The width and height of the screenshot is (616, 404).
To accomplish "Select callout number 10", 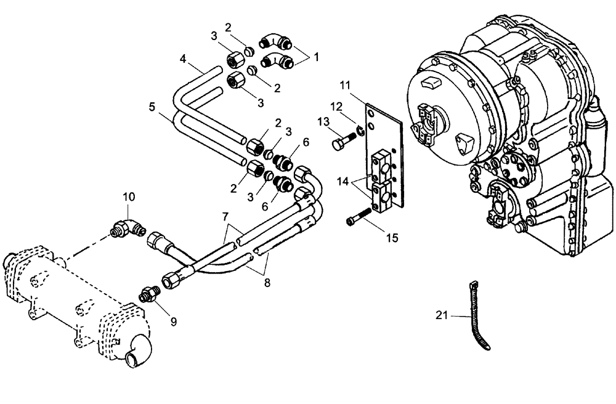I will pyautogui.click(x=128, y=198).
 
